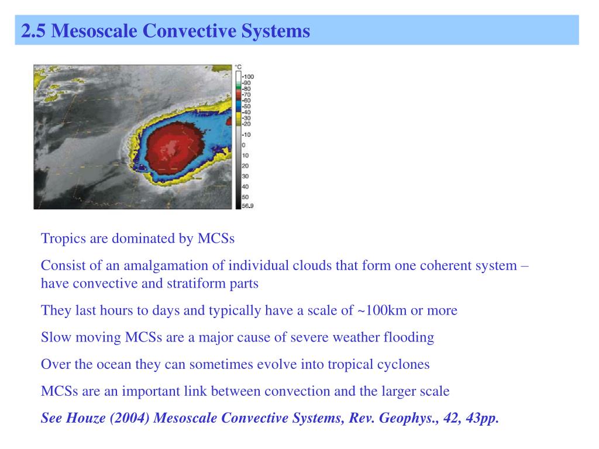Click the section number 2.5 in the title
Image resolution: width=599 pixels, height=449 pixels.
click(x=34, y=30)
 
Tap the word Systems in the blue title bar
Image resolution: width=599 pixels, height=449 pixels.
click(x=278, y=30)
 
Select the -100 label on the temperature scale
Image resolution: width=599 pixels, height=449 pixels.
click(x=248, y=77)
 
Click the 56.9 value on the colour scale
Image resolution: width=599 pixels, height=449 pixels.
click(x=248, y=206)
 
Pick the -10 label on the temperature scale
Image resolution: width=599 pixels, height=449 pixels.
click(x=246, y=134)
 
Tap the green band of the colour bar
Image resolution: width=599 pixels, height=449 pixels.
click(x=238, y=88)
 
